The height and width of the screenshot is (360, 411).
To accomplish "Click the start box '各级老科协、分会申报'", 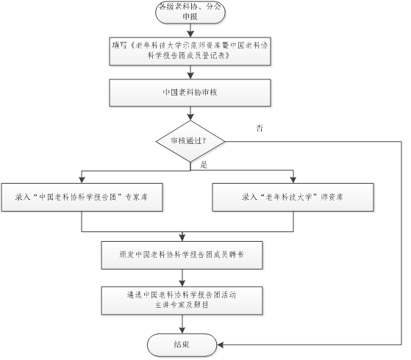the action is (x=190, y=12).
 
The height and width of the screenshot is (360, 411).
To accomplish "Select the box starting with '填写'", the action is (x=190, y=51).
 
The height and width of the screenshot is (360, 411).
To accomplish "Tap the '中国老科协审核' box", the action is (x=190, y=93).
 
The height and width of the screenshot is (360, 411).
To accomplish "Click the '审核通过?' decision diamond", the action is (x=190, y=141).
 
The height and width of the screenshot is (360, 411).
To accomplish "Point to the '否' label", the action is (x=260, y=128).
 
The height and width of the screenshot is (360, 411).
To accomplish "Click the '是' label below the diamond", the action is (x=204, y=165).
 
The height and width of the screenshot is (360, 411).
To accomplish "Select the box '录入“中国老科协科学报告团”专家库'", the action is (x=82, y=197).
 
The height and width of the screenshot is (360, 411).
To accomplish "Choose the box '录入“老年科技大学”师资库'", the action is (x=293, y=197).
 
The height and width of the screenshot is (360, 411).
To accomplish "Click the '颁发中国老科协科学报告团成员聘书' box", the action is (x=182, y=255).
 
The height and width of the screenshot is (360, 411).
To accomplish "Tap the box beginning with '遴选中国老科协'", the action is (x=182, y=300).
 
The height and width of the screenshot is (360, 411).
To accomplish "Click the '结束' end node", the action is (x=182, y=345).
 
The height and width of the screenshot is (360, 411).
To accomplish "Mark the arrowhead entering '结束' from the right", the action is (x=220, y=345).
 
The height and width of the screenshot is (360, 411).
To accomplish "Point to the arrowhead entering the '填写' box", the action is (x=190, y=34).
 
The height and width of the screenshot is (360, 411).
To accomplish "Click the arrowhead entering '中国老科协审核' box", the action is (x=190, y=76).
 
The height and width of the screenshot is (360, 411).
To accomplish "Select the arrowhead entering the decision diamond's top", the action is (x=190, y=118).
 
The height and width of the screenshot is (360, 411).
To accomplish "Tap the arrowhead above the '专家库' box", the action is (x=82, y=180).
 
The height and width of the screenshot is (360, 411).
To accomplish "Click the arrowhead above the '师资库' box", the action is (x=293, y=180).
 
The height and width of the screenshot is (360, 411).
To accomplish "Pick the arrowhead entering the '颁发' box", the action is (x=182, y=238).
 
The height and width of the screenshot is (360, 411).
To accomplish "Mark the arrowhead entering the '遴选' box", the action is (x=182, y=284).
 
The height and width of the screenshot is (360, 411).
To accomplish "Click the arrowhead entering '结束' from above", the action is (x=182, y=330).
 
